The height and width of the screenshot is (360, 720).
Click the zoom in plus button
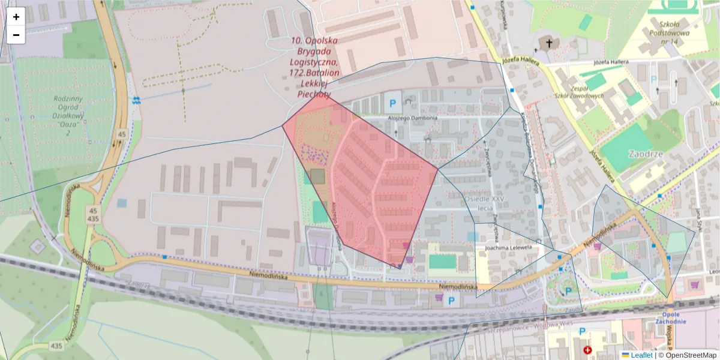tap(16, 17)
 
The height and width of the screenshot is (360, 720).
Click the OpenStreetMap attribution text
tap(689, 355)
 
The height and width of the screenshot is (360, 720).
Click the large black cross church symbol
tap(548, 43)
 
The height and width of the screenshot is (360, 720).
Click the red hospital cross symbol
tap(587, 349)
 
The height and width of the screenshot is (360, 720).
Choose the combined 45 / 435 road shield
tap(93, 215)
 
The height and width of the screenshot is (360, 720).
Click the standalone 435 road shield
tap(56, 346)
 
